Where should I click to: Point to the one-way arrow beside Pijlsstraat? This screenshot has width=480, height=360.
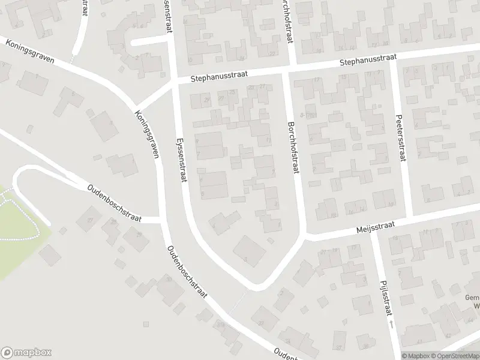click(391, 324)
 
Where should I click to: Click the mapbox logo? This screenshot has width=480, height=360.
click(26, 353)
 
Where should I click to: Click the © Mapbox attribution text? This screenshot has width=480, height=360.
click(415, 356)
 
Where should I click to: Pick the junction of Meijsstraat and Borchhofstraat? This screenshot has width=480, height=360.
click(305, 236)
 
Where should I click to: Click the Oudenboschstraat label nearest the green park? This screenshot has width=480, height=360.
click(114, 203)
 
